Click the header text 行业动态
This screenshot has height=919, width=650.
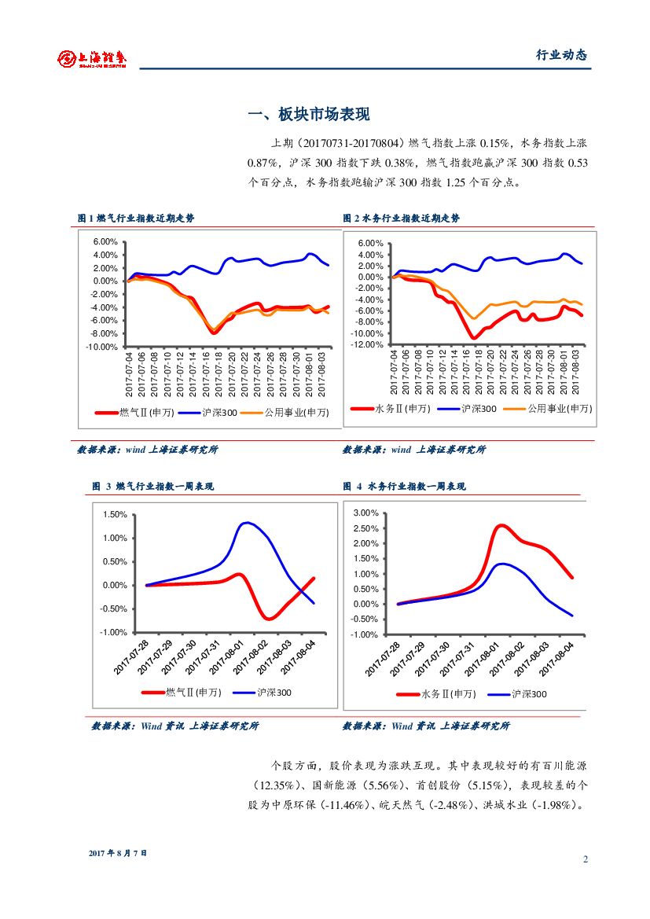561,55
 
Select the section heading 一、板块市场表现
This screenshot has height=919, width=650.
308,115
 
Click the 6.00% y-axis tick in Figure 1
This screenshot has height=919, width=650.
105,242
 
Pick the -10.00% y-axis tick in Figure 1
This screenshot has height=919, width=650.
102,347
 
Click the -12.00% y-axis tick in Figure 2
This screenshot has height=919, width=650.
368,344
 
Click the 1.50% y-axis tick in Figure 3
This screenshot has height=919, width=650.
115,514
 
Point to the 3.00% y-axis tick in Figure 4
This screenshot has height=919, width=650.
366,513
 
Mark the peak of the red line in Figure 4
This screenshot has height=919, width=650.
501,525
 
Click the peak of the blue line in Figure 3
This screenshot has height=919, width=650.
247,523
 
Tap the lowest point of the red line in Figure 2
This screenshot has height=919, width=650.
474,338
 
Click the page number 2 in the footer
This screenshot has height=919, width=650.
585,858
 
